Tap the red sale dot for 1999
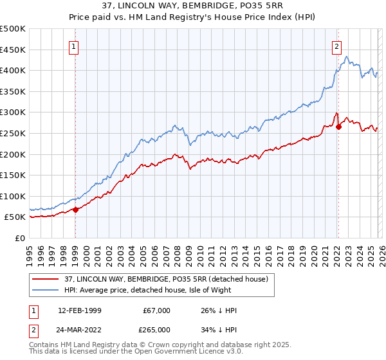(x=75, y=209)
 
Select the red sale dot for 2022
(x=338, y=127)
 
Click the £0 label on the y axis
(x=21, y=238)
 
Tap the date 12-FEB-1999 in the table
(x=79, y=310)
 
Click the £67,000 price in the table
(x=157, y=310)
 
